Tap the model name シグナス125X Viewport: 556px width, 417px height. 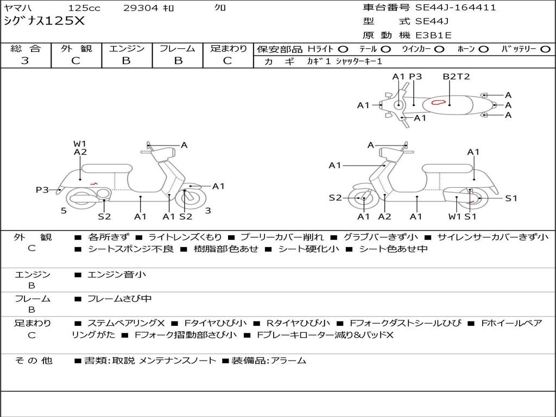point(44,21)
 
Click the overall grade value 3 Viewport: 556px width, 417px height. point(25,61)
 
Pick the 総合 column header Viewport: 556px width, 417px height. point(25,49)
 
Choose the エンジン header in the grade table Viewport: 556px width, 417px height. point(127,49)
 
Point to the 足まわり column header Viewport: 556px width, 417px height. point(228,49)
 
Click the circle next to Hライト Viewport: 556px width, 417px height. point(343,49)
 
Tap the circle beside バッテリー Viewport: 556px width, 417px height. point(546,49)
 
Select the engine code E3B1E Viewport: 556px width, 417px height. point(433,35)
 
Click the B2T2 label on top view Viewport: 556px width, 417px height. point(456,77)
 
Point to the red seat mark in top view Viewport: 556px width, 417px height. point(438,102)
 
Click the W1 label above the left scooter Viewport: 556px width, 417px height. point(80,144)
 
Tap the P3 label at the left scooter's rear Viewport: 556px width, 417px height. point(42,189)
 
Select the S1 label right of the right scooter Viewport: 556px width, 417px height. point(511,198)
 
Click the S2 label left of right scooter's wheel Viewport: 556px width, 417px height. point(335,198)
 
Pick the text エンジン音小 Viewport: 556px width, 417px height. point(117,275)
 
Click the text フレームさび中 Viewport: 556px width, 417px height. point(119,299)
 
